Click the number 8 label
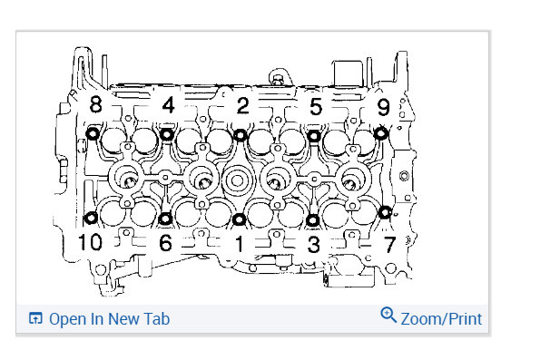click(x=95, y=105)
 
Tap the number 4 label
click(x=168, y=105)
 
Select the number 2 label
click(x=242, y=105)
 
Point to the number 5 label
click(x=315, y=106)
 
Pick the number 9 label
click(x=383, y=108)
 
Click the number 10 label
click(x=90, y=242)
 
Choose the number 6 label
click(x=164, y=243)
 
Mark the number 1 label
click(x=239, y=243)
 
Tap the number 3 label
click(x=314, y=243)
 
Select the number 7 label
click(x=388, y=243)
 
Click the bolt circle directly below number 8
click(x=92, y=135)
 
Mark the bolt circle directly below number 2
click(x=241, y=135)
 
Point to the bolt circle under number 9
click(x=381, y=134)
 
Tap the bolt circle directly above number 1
click(x=238, y=219)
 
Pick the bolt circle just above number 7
click(x=385, y=213)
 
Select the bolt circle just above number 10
click(x=91, y=218)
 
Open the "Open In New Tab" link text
click(x=109, y=319)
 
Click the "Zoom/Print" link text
click(x=441, y=319)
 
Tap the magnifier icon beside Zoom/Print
click(x=388, y=316)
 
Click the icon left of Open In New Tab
click(x=36, y=319)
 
